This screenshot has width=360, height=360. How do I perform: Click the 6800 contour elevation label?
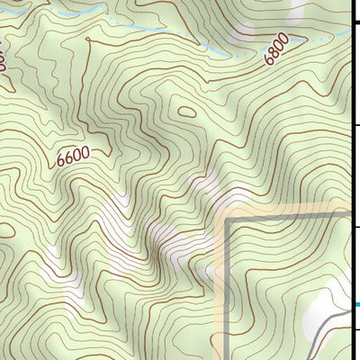point(276,49)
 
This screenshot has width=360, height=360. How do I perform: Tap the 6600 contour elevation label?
point(73,157)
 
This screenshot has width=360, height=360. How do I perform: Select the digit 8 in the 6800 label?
point(273,53)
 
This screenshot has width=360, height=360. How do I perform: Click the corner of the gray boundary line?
point(228,219)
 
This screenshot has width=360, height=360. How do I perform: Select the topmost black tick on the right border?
point(355,26)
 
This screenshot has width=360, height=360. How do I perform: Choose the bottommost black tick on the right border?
point(355,330)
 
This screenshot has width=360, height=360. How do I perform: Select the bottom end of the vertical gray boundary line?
point(228,358)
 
